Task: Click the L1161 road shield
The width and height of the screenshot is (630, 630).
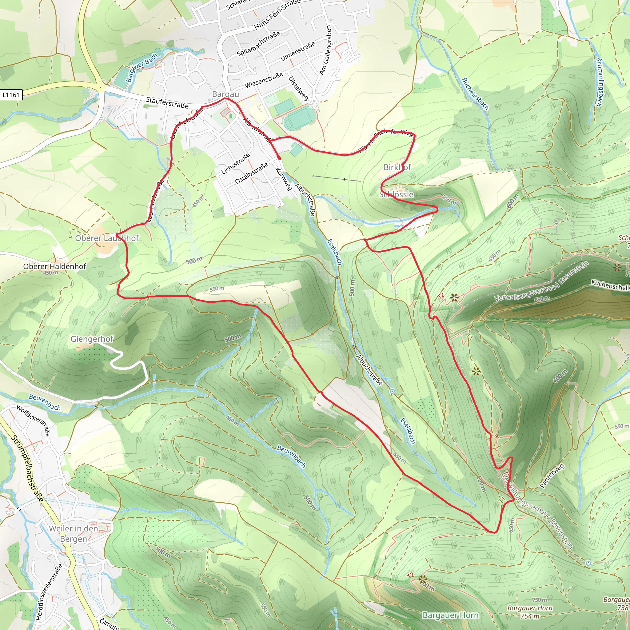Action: coord(11,95)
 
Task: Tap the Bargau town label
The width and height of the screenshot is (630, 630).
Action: coord(225,94)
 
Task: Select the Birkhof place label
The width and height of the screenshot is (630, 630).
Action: coord(397,167)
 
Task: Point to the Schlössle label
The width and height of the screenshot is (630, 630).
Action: coord(396,195)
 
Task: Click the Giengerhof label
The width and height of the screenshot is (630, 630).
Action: coord(92,339)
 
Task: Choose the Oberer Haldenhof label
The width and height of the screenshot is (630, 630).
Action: coord(54,266)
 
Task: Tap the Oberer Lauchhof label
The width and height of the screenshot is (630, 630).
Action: coord(107,238)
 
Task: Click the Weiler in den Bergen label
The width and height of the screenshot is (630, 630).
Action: coord(74,533)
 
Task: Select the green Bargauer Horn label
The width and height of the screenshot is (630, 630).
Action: coord(450,615)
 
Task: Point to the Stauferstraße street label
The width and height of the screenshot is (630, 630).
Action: coord(167,102)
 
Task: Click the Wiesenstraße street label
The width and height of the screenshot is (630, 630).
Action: coord(264,80)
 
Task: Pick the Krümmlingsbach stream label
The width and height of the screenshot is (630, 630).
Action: coord(599,82)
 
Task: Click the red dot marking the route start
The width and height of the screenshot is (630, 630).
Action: coord(279,158)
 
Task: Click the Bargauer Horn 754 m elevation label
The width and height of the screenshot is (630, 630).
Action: coord(530,612)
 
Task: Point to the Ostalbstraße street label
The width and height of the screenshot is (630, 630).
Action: coord(251,173)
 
